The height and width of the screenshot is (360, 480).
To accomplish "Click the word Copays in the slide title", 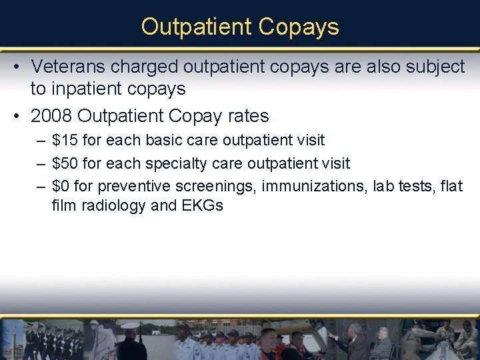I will (298, 27).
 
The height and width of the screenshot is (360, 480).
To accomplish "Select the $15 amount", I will (65, 141).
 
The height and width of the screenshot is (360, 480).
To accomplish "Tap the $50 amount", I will (65, 163).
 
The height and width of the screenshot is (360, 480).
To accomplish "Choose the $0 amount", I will (61, 186).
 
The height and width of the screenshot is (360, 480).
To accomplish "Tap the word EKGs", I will (202, 205).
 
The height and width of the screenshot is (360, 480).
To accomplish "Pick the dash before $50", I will (41, 163).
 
